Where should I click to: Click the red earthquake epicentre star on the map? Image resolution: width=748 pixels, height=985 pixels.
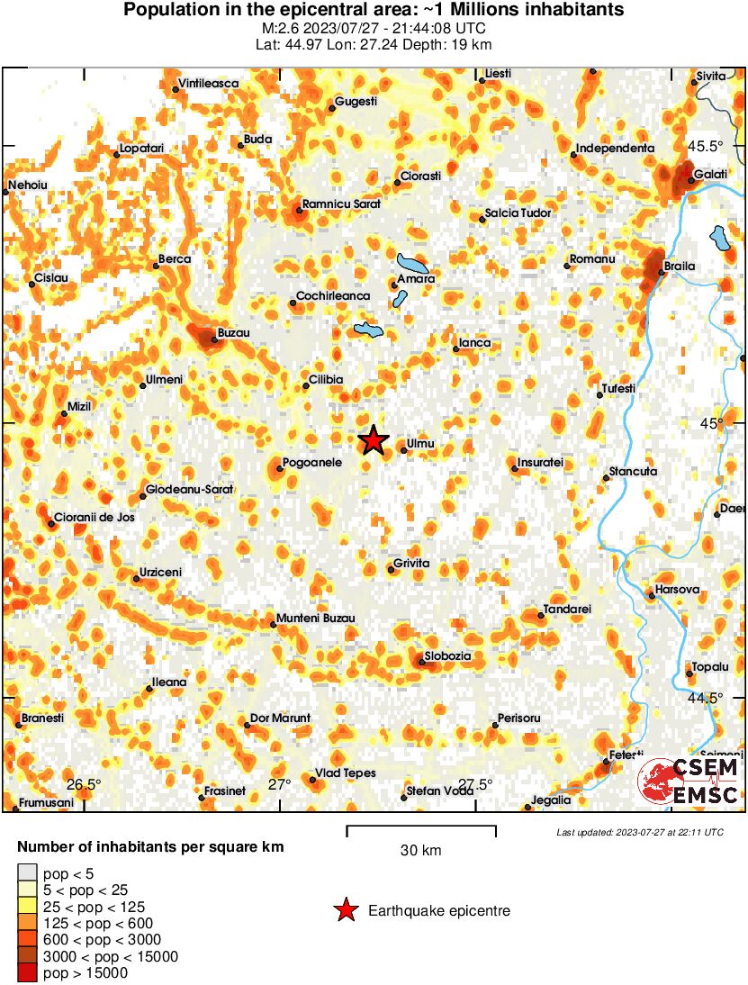pos(373,440)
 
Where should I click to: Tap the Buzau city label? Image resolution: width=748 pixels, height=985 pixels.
pos(234,333)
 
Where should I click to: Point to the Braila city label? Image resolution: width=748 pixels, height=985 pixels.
pos(678,267)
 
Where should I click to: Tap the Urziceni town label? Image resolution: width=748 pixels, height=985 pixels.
pos(161,573)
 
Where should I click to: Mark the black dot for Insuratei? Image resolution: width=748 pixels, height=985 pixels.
pos(515,468)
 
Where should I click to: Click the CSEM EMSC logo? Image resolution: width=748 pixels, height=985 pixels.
pos(689,781)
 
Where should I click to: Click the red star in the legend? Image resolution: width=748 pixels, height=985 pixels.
pos(345,911)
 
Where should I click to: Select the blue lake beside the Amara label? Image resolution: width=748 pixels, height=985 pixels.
pos(414,265)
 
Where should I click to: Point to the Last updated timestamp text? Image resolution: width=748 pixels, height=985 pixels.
pos(640,832)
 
